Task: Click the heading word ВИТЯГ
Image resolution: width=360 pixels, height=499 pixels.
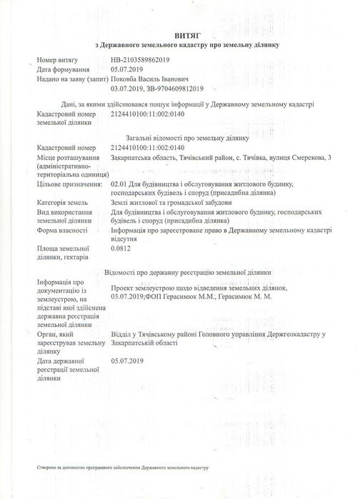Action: [x=179, y=33]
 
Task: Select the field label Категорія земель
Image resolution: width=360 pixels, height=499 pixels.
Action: [x=65, y=203]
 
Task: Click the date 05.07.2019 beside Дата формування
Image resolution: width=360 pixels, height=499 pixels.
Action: [x=128, y=71]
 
